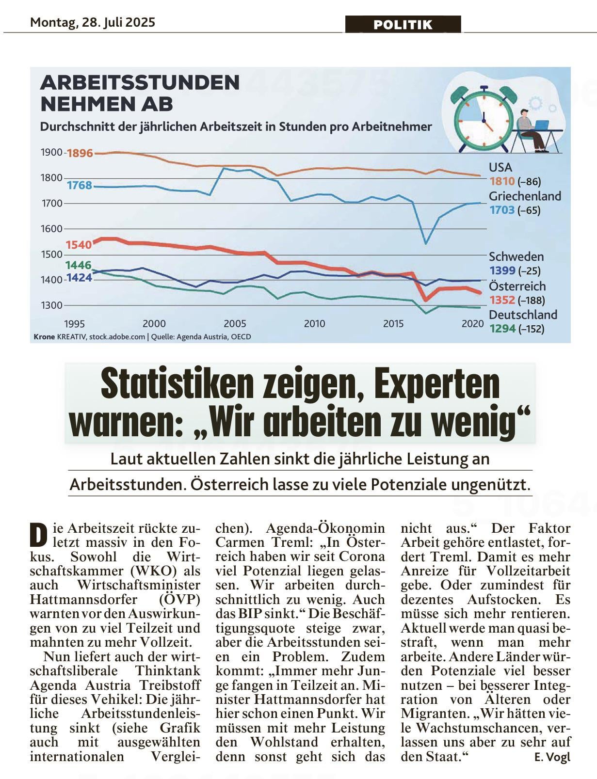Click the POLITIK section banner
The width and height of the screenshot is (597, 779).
[x=403, y=24]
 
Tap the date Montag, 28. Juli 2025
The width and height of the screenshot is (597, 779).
[x=93, y=23]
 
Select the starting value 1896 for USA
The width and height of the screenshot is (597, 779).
[x=80, y=153]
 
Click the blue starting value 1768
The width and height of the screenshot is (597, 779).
[x=80, y=185]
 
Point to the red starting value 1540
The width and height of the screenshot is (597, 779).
[x=79, y=245]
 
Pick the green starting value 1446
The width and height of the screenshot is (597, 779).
[x=78, y=265]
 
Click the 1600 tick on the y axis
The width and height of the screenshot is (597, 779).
[x=51, y=229]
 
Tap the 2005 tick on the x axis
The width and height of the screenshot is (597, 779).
[x=235, y=324]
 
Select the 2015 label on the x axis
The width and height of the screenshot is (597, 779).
[x=393, y=324]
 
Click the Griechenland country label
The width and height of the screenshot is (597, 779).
[x=525, y=196]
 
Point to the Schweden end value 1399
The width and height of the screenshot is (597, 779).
[x=502, y=270]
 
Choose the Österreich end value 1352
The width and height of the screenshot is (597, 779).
[x=502, y=300]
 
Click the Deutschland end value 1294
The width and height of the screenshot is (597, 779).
[x=502, y=328]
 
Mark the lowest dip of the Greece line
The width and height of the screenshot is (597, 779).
[x=426, y=244]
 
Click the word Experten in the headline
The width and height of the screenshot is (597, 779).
[x=437, y=386]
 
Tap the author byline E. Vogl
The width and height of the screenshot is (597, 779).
[x=552, y=757]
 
